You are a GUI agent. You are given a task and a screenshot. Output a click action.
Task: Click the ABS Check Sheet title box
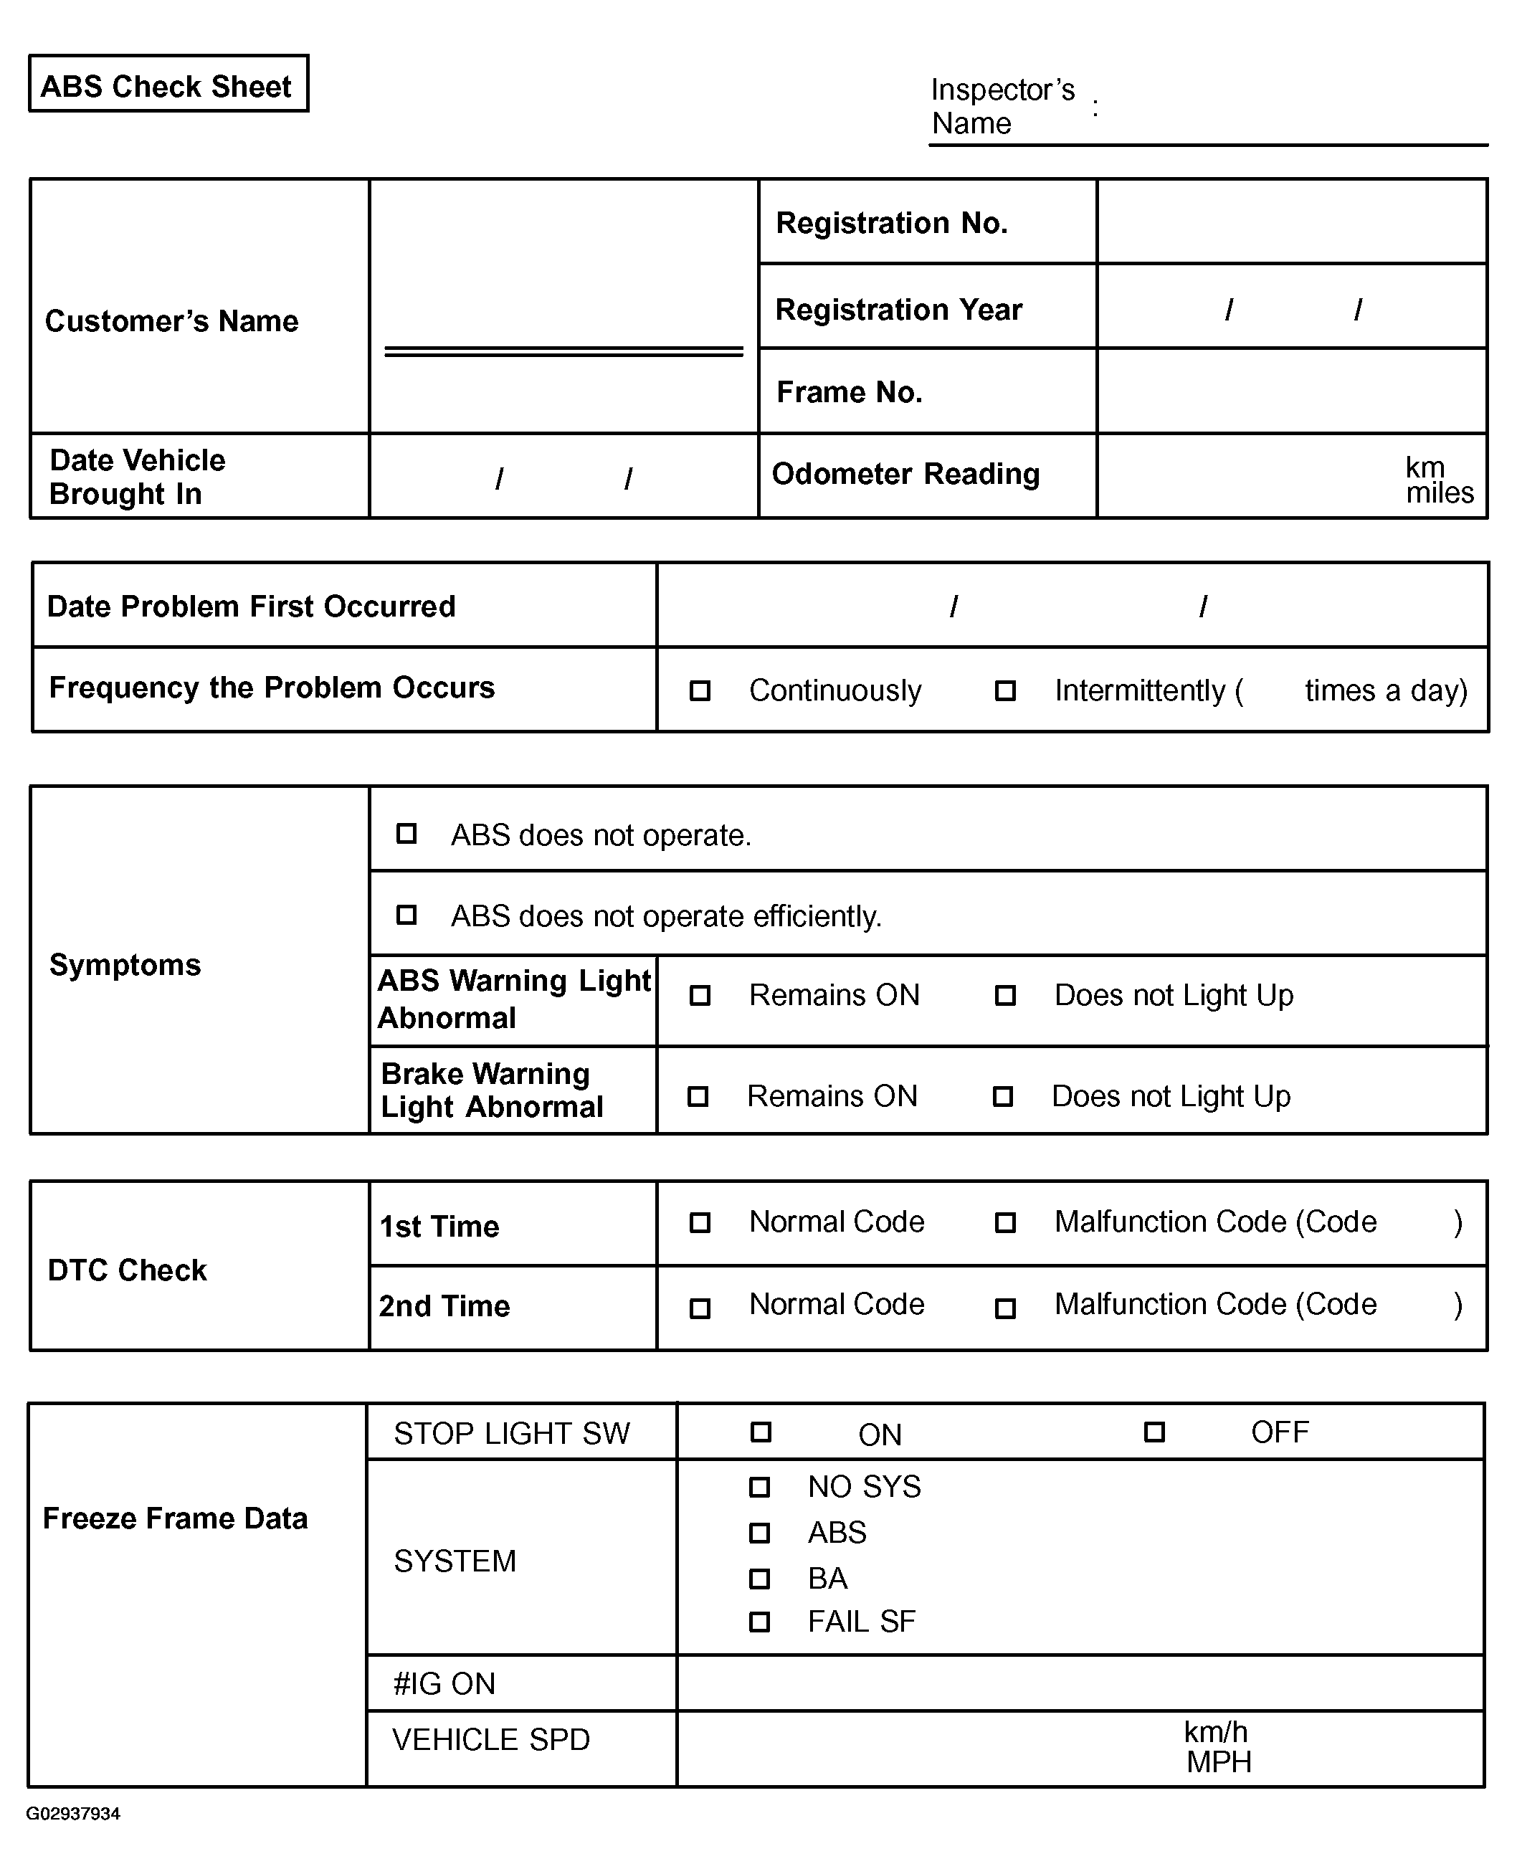pos(168,85)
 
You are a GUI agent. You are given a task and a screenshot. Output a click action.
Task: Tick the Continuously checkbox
pos(699,691)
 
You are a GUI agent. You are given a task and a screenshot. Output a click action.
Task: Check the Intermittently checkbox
pos(1005,691)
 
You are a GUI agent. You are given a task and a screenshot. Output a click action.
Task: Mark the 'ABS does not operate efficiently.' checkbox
pos(406,915)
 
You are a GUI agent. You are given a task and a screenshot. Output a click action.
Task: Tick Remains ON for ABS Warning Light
pos(699,995)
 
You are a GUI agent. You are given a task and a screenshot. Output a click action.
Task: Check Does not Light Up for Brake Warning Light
pos(1002,1095)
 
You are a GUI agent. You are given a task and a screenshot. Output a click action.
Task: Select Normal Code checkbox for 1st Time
pos(699,1222)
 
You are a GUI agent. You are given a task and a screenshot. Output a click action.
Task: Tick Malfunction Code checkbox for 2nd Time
pos(1005,1308)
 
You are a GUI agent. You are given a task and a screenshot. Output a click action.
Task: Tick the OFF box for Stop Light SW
pos(1154,1432)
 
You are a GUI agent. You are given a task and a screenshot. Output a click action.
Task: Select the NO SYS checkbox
pos(759,1486)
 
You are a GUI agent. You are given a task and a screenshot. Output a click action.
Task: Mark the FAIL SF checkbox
pos(759,1622)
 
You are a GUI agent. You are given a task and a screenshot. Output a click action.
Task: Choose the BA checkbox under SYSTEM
pos(759,1578)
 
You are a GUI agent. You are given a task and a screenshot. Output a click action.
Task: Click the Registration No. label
pos(891,223)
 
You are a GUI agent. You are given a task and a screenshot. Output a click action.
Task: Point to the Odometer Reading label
pos(905,474)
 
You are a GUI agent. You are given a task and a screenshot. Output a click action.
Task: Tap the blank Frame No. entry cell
pos(1292,391)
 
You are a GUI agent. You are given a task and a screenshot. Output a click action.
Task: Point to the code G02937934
pos(73,1813)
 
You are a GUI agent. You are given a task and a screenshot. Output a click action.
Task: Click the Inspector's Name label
pos(1002,105)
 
